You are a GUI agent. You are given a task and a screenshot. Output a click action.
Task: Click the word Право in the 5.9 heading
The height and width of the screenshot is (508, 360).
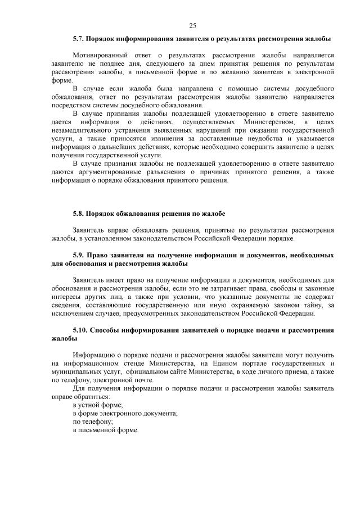point(105,256)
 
